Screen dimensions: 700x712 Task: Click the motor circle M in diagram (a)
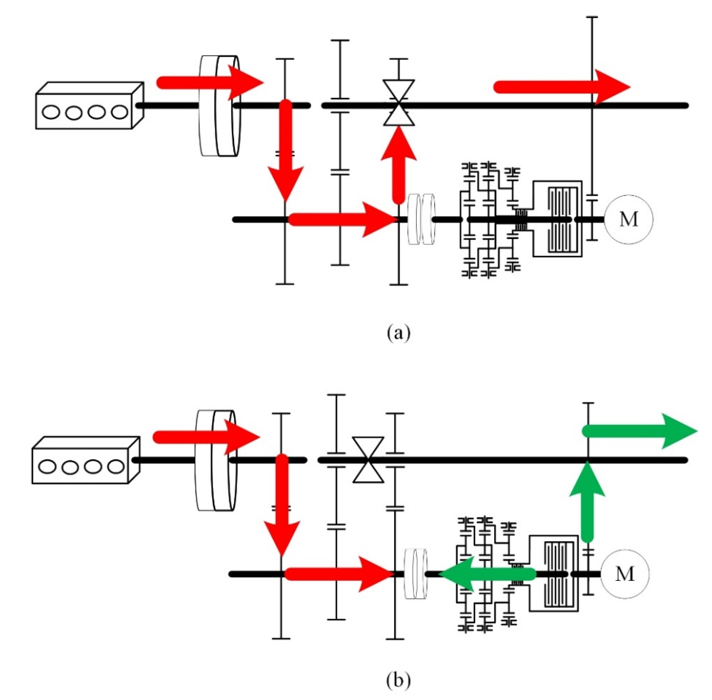(x=629, y=220)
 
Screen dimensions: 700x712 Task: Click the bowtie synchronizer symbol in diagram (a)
(x=399, y=103)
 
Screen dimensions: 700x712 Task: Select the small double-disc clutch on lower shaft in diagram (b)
(x=416, y=574)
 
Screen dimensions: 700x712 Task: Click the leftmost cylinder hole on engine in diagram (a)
(x=51, y=112)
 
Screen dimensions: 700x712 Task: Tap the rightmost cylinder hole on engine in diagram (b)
(x=116, y=467)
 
